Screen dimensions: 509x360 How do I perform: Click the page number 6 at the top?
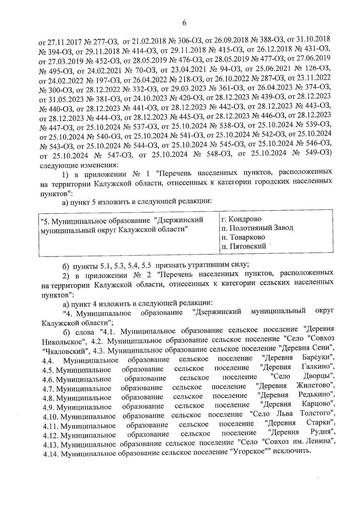(184, 23)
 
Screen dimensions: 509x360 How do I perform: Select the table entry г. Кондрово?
(241, 219)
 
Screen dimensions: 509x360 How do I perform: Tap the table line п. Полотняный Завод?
(257, 228)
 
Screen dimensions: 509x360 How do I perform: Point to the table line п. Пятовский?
(244, 247)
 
